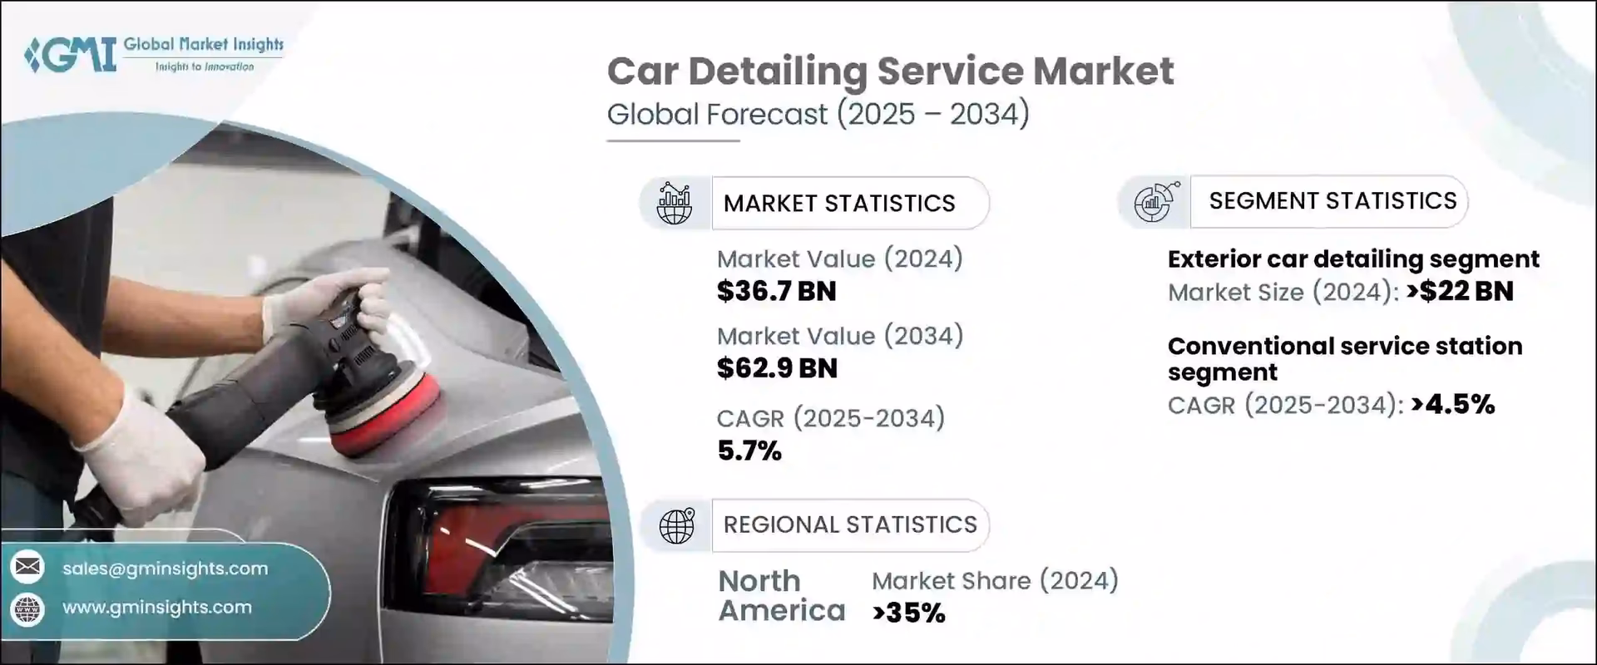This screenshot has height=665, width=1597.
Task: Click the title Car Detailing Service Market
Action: click(x=890, y=71)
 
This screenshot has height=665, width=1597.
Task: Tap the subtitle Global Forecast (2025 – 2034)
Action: click(x=818, y=114)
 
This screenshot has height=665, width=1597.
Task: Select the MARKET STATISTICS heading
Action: click(x=838, y=204)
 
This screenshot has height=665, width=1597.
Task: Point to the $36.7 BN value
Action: click(x=776, y=291)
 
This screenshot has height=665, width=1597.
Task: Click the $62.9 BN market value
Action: click(x=776, y=368)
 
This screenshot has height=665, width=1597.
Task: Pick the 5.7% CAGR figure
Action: click(x=749, y=451)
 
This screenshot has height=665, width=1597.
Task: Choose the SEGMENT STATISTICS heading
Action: click(x=1332, y=201)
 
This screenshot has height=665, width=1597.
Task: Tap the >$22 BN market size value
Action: click(x=1460, y=292)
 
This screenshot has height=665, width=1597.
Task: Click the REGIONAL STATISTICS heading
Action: click(x=849, y=525)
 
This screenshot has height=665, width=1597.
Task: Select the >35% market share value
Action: click(x=908, y=613)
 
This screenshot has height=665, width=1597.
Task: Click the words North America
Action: click(x=780, y=596)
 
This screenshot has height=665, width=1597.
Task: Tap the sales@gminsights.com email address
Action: click(x=165, y=569)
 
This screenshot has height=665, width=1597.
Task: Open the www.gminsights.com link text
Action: click(x=156, y=608)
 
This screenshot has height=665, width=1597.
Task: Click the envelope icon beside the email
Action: click(x=27, y=568)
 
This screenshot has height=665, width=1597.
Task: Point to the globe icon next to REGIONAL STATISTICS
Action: click(x=676, y=525)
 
